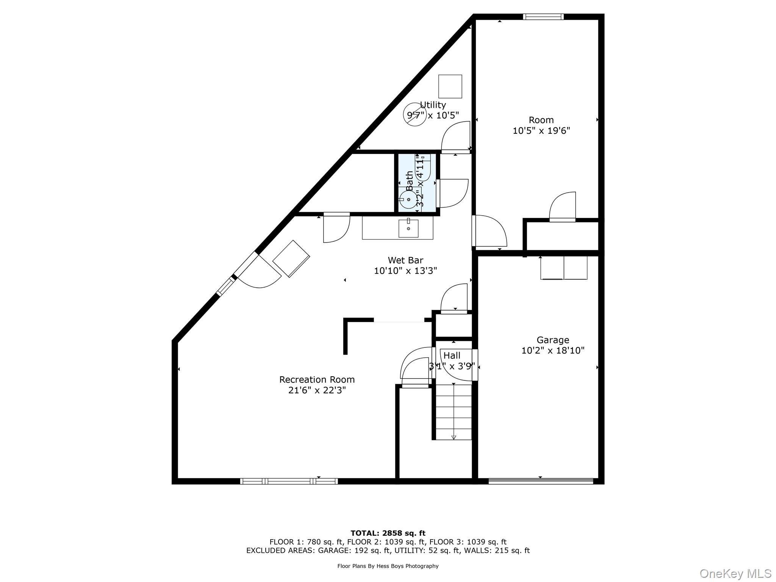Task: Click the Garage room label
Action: click(552, 340)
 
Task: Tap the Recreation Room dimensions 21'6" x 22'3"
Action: click(317, 390)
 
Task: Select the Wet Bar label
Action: click(405, 260)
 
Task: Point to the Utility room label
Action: click(433, 105)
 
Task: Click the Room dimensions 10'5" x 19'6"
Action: click(541, 131)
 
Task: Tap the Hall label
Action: click(452, 355)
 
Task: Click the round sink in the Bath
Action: click(408, 199)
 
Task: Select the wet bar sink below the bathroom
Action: click(408, 228)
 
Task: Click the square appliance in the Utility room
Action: click(450, 86)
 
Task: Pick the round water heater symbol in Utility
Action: click(415, 115)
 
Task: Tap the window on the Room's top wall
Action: click(543, 17)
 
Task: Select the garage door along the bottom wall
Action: click(540, 481)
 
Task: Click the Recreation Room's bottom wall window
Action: click(289, 481)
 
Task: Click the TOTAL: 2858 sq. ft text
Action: click(388, 533)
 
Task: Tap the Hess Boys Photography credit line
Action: click(388, 566)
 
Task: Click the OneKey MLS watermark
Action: click(735, 573)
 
